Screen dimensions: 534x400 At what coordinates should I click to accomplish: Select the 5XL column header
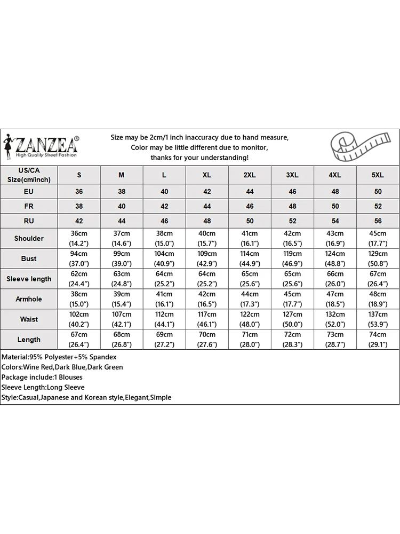point(378,175)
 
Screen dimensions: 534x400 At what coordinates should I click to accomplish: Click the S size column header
point(79,175)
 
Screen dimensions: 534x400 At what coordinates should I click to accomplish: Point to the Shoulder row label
point(29,238)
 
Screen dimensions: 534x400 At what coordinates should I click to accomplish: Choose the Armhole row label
point(29,299)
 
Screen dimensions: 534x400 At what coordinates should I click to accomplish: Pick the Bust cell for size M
point(122,258)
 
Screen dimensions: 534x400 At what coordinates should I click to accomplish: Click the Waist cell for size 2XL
point(250,319)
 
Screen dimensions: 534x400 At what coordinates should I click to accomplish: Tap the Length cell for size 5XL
point(378,340)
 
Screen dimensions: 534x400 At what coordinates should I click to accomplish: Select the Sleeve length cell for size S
point(79,279)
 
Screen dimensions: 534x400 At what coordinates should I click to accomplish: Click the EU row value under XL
point(207,192)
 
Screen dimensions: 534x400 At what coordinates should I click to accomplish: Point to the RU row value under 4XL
point(335,221)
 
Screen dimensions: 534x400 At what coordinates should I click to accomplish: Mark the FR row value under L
point(164,206)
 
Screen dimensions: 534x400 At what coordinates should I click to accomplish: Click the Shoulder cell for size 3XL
point(292,238)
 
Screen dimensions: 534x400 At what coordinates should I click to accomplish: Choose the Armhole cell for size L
point(164,299)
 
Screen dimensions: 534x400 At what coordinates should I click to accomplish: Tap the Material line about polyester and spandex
point(59,357)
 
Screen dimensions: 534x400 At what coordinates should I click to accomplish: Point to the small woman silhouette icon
point(8,145)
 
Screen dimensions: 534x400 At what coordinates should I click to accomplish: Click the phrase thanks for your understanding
point(199,158)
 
